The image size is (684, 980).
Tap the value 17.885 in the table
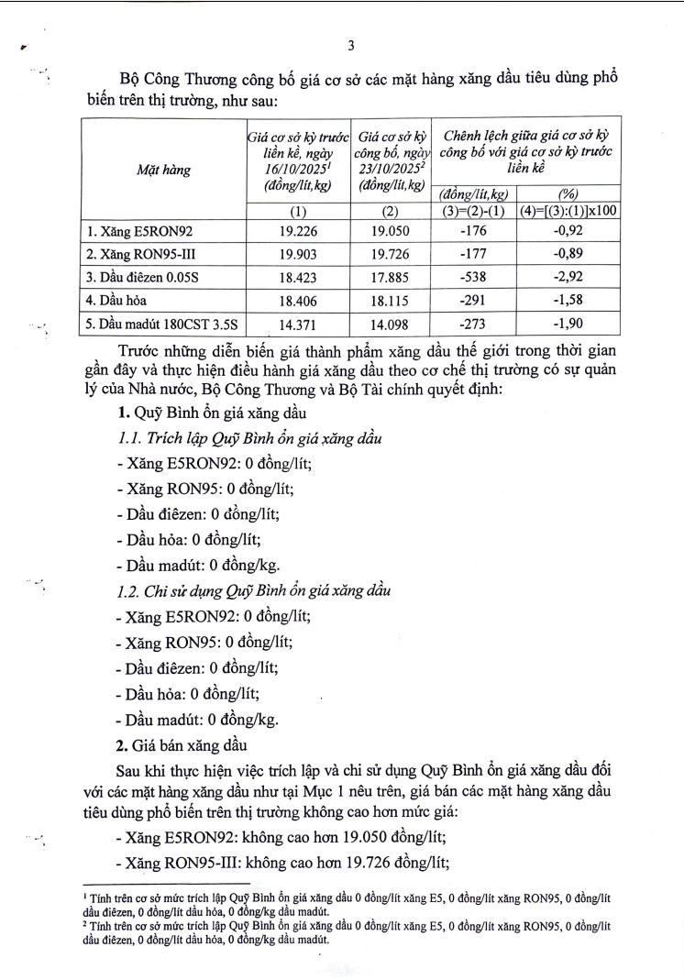point(391,276)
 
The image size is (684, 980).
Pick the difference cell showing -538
point(475,276)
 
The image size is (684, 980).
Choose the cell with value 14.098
point(391,322)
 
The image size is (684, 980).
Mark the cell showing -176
point(475,231)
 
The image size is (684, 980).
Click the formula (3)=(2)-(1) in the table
point(475,211)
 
